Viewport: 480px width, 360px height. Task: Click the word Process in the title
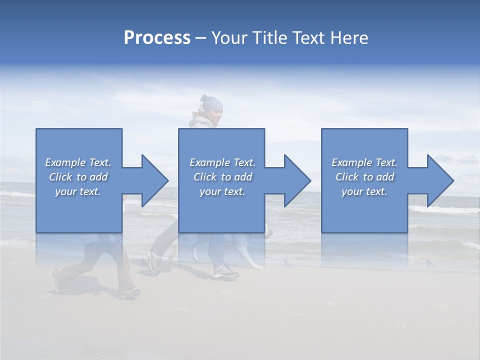[x=157, y=37]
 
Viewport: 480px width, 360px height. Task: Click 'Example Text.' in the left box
[x=78, y=162]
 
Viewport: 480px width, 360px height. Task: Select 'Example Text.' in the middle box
[x=222, y=162]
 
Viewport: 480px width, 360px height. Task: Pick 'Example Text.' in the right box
[x=364, y=162]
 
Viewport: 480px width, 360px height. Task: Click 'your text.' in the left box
[x=78, y=191]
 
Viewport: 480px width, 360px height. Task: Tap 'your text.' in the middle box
[x=222, y=191]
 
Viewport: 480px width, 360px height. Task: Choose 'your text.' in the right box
[x=364, y=191]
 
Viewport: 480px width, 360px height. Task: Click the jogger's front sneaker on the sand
[x=226, y=272]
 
